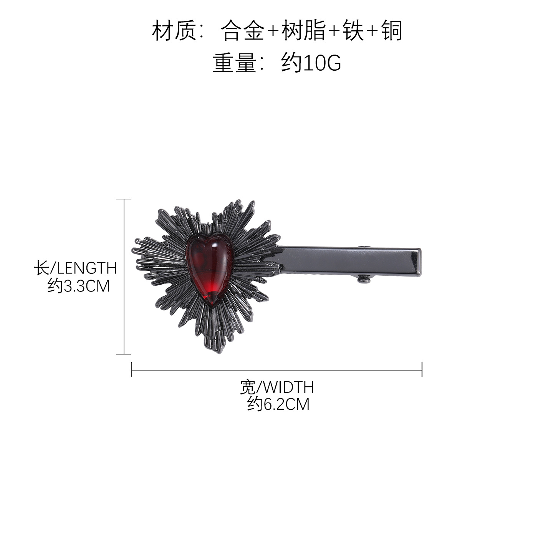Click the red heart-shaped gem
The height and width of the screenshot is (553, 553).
click(x=210, y=273)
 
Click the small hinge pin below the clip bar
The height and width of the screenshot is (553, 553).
click(x=364, y=278)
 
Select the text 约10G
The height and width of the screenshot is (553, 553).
click(x=311, y=63)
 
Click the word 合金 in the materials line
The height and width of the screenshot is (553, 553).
click(x=243, y=30)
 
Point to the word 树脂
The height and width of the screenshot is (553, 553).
click(x=304, y=30)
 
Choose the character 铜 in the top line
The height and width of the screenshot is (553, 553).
click(x=391, y=30)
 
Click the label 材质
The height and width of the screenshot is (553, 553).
click(x=174, y=30)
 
